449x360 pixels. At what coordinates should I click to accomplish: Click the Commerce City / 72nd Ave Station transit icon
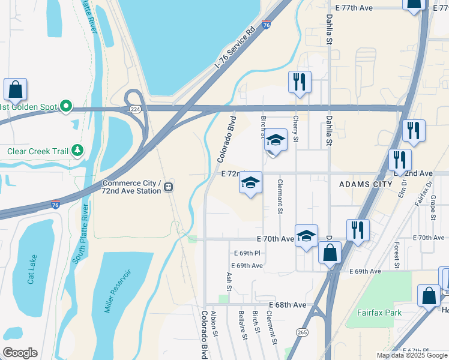169,187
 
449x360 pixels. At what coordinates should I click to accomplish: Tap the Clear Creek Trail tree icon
77,151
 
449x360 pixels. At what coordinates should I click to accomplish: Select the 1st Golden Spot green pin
66,107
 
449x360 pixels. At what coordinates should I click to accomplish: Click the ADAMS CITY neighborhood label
366,184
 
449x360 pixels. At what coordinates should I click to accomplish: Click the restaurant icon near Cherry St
300,82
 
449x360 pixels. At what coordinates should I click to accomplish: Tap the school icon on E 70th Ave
306,236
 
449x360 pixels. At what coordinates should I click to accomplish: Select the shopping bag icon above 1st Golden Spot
15,89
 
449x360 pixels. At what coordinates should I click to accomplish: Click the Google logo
20,353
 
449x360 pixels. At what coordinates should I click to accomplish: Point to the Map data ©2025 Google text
411,355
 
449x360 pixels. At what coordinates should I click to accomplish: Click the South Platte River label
83,234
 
